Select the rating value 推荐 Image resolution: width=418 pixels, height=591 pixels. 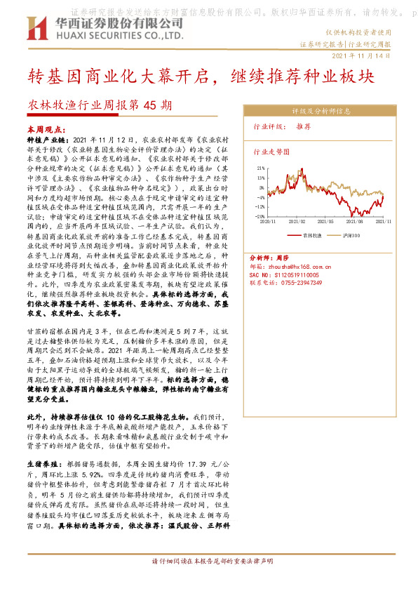[303, 127]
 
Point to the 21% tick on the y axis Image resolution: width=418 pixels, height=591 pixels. [261, 169]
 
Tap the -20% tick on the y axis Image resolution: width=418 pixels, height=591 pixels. [260, 216]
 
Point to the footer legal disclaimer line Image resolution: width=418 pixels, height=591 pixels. [208, 562]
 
